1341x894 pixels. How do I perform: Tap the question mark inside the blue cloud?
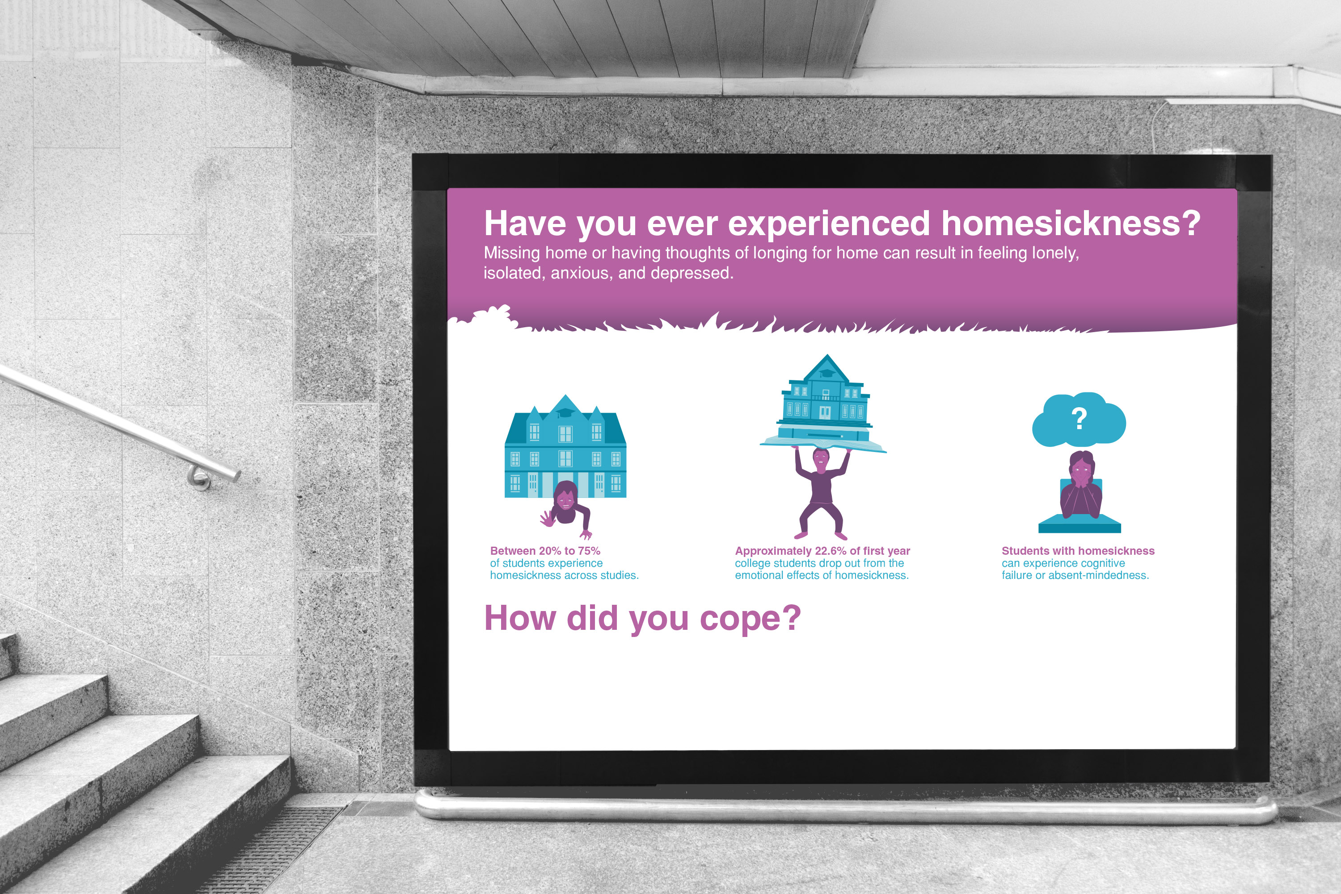1079,419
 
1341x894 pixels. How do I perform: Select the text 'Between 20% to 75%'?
545,551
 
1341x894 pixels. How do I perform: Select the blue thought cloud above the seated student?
1079,419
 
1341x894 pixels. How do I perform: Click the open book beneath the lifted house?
823,443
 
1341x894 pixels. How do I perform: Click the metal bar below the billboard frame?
846,807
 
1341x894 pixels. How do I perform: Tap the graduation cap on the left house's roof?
565,412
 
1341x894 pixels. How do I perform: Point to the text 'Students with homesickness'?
1078,551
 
